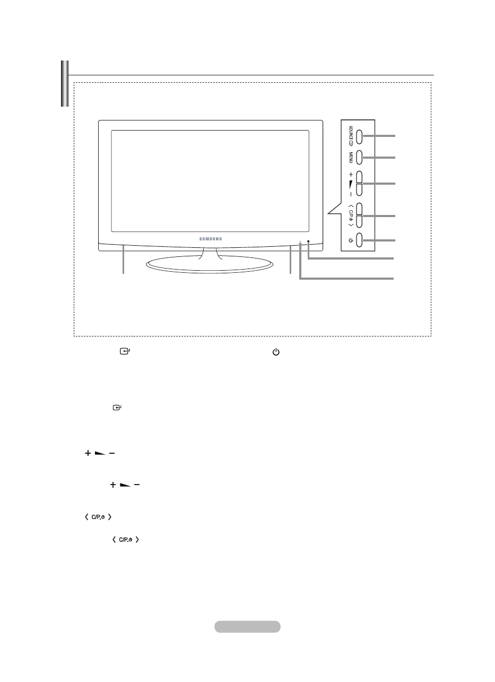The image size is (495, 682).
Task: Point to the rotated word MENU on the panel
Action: pos(345,158)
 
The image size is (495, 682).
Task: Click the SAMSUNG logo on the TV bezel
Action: pos(211,239)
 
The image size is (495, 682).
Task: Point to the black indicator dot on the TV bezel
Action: pos(308,242)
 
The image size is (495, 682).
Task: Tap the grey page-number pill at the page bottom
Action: pos(247,627)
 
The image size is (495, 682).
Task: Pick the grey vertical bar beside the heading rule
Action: pos(65,84)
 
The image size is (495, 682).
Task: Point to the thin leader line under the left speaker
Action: pos(124,260)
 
